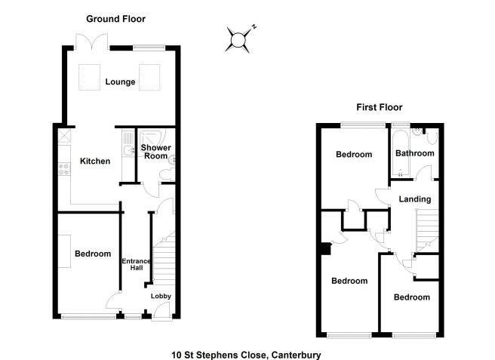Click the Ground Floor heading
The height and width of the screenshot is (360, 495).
click(x=115, y=19)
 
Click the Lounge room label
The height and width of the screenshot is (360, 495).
click(x=121, y=82)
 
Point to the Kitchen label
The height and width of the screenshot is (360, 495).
click(x=95, y=161)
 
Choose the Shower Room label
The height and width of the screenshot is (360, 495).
click(x=156, y=152)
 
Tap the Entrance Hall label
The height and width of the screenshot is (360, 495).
click(x=137, y=266)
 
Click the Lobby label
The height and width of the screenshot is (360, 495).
click(x=161, y=297)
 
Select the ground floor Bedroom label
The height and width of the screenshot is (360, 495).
click(x=93, y=254)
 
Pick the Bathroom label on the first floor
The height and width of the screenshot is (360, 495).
click(x=416, y=153)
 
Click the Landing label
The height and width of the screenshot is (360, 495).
click(x=415, y=200)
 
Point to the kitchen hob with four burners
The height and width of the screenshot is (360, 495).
click(x=63, y=170)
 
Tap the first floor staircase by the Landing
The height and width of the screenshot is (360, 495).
click(x=429, y=226)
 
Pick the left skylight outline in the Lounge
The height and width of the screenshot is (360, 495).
click(x=92, y=75)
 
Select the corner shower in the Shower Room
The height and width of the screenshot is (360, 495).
click(x=145, y=137)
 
